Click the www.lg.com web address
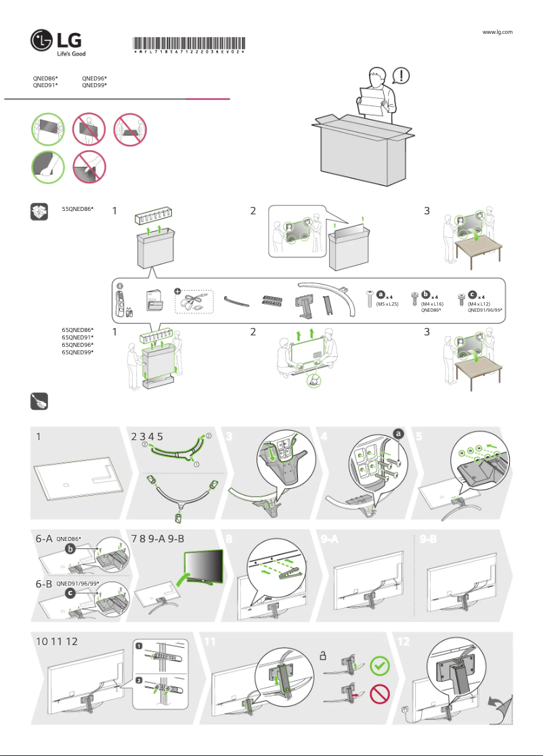(497, 32)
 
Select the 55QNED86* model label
(77, 210)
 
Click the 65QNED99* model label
(77, 352)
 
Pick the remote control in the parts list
(123, 301)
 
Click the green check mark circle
(381, 666)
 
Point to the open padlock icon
(324, 655)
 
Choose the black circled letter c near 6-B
(70, 593)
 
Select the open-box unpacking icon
(39, 212)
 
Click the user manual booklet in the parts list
(155, 301)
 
